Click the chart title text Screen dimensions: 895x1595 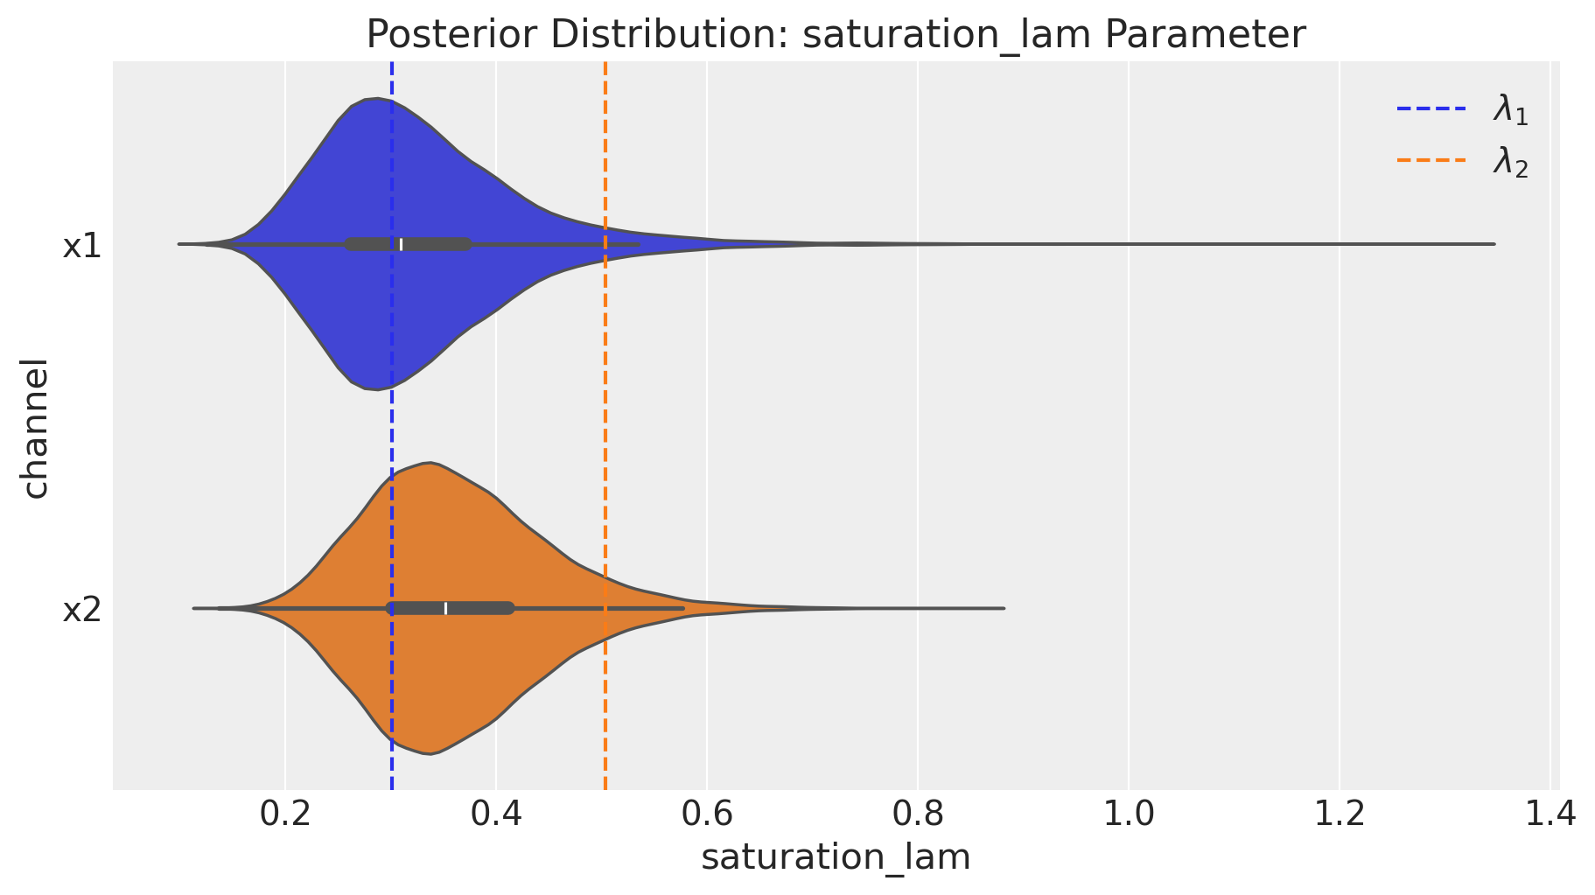click(836, 35)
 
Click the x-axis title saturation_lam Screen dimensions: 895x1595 click(836, 857)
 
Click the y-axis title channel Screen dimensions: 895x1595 click(35, 427)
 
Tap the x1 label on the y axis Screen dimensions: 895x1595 click(82, 247)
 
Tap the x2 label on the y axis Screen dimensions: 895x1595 click(82, 610)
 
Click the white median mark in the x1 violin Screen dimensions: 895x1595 click(402, 244)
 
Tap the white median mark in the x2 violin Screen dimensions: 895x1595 click(445, 608)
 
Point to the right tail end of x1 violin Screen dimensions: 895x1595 click(1493, 244)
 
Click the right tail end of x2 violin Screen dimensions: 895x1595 click(1003, 608)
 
